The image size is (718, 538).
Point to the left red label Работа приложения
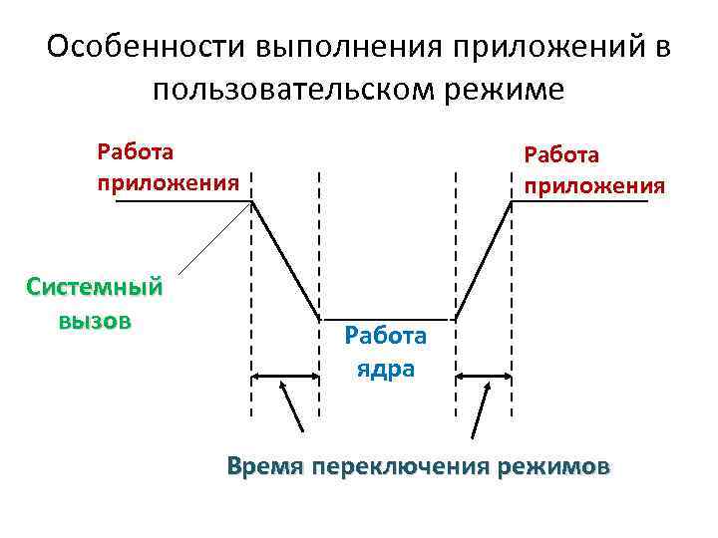(x=168, y=167)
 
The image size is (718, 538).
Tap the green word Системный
(x=94, y=288)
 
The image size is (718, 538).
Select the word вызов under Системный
(x=95, y=321)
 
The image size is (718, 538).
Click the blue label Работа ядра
(x=385, y=352)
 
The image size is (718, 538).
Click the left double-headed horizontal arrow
(x=284, y=377)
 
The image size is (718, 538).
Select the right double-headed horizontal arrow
(x=484, y=377)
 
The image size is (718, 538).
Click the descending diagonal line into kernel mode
(x=285, y=260)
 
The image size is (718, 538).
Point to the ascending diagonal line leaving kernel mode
(x=484, y=260)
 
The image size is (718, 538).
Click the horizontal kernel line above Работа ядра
(x=387, y=319)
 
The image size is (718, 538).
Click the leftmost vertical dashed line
(x=250, y=299)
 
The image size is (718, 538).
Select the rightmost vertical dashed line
(x=512, y=299)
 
